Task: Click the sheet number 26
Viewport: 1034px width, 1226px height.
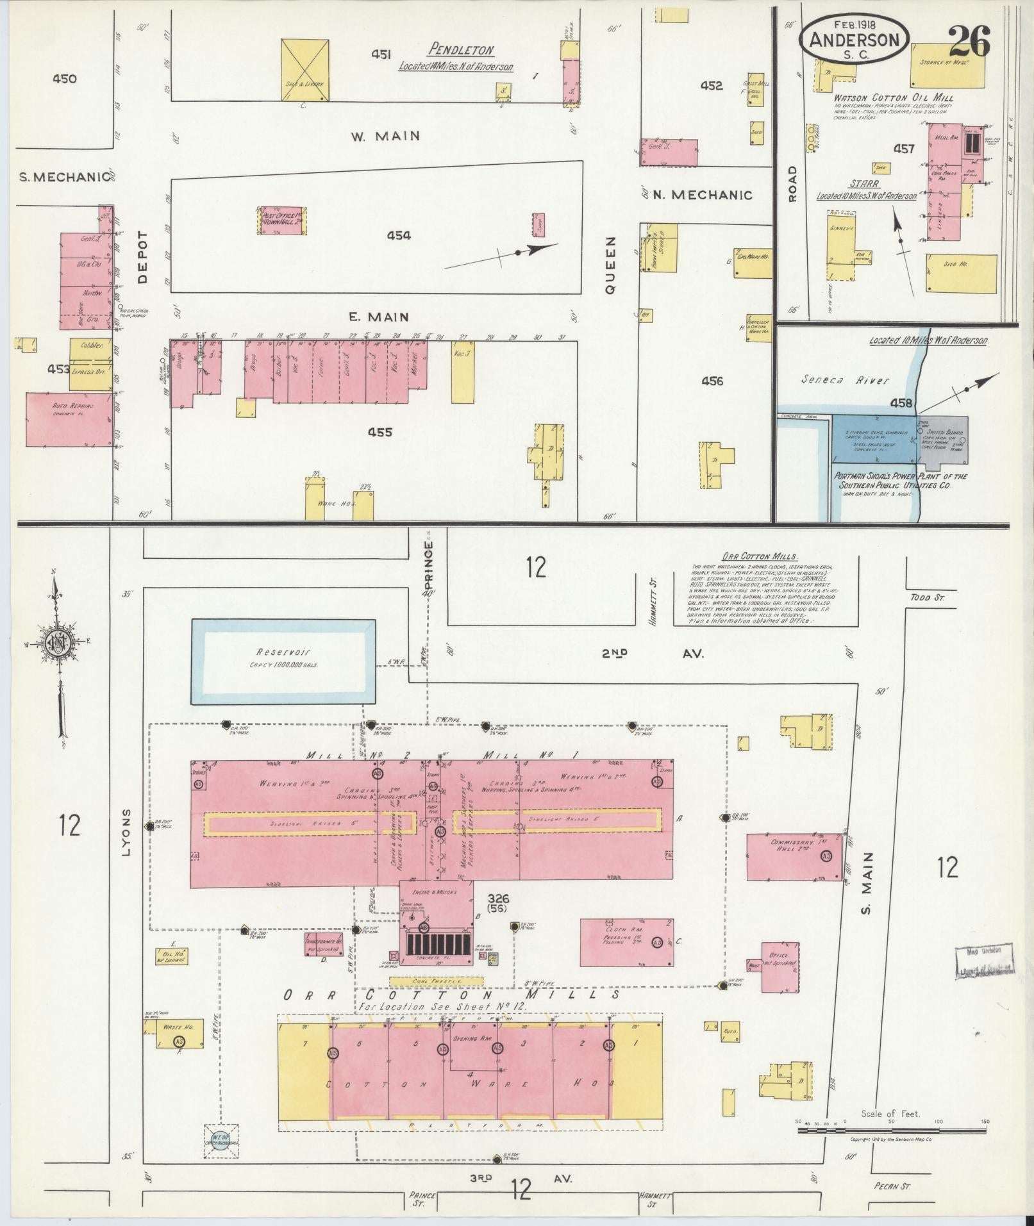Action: click(x=969, y=42)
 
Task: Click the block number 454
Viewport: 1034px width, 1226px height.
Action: click(x=398, y=236)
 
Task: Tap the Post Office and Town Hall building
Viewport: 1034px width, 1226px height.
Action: click(x=282, y=221)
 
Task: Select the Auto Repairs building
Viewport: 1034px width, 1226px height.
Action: click(x=69, y=419)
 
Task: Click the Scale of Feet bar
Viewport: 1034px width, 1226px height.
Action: click(x=891, y=1130)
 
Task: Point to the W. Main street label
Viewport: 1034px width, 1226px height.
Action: click(x=385, y=136)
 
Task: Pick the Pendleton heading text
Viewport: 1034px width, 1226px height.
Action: click(x=461, y=50)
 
